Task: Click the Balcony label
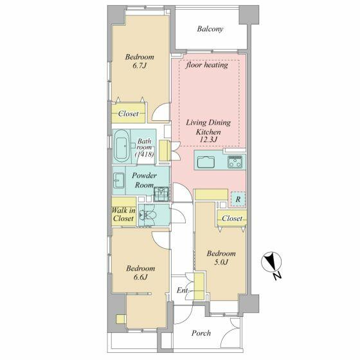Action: (x=210, y=29)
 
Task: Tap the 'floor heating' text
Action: (x=206, y=65)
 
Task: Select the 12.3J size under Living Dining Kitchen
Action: (x=208, y=139)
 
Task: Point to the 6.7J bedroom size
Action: (x=139, y=66)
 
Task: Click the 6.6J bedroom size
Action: (x=140, y=277)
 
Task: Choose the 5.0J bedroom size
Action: (x=221, y=262)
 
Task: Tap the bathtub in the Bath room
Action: (x=122, y=147)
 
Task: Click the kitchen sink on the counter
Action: (x=206, y=162)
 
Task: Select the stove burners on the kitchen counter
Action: (x=235, y=162)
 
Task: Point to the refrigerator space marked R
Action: (x=238, y=199)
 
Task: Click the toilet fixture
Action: (x=148, y=215)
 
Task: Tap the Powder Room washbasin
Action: (x=119, y=181)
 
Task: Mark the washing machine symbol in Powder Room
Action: (x=161, y=194)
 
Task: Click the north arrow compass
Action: (x=272, y=262)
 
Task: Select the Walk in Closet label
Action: (x=123, y=214)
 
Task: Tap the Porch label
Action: (x=201, y=333)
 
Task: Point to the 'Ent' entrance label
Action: (x=182, y=291)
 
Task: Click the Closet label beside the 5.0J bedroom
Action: (x=232, y=218)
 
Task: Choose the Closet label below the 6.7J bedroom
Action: (x=129, y=114)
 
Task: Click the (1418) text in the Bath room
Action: (x=145, y=154)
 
